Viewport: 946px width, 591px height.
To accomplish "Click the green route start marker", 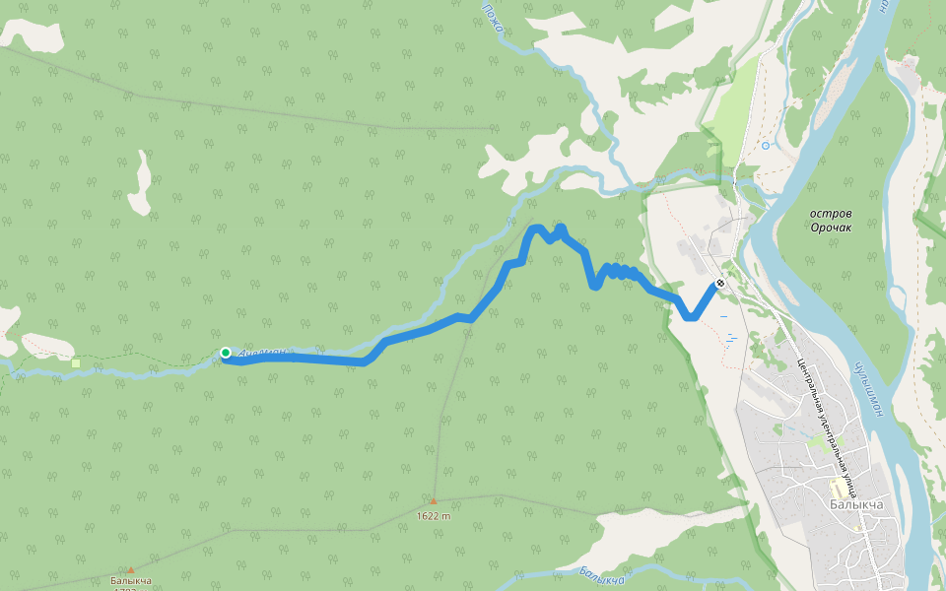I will (226, 353).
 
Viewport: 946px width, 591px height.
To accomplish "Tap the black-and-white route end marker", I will (720, 284).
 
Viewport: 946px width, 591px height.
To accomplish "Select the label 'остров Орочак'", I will (831, 220).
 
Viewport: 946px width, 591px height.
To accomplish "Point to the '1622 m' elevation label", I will (434, 515).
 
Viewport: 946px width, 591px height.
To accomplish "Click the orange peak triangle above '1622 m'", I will (433, 501).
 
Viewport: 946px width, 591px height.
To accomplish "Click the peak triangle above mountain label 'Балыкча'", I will (130, 569).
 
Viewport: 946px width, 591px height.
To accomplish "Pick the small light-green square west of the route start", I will (76, 363).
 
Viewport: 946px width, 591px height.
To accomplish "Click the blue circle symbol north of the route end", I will (766, 146).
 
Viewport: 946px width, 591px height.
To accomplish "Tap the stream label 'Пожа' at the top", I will (493, 17).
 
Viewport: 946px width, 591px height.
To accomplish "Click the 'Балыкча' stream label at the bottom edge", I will (601, 575).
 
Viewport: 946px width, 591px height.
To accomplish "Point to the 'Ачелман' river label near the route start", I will (266, 352).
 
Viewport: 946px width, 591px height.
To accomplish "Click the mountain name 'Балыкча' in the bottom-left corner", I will (131, 581).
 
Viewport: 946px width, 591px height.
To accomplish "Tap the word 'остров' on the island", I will (831, 213).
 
